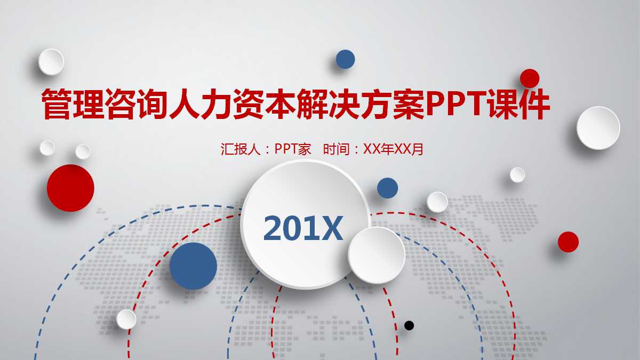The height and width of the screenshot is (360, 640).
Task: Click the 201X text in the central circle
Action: (303, 229)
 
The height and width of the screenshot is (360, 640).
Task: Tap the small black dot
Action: (409, 325)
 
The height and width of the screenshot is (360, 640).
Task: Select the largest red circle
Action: (70, 188)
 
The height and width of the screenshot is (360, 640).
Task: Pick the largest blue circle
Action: (194, 266)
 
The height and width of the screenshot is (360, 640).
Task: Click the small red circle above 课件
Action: (530, 78)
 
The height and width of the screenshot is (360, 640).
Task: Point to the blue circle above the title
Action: (346, 59)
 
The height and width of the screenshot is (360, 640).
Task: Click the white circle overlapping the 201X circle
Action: (377, 255)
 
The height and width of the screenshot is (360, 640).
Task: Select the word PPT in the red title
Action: (454, 105)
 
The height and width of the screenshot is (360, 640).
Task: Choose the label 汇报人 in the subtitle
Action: (241, 149)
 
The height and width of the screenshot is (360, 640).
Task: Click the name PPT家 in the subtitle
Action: (293, 149)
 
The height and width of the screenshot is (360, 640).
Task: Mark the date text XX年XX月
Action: (393, 149)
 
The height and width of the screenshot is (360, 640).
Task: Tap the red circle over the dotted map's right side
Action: (568, 242)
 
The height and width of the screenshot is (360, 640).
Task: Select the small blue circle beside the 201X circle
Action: (388, 188)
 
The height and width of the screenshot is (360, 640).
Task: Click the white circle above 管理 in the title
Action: (51, 62)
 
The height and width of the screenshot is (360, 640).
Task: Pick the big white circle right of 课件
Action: (598, 128)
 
